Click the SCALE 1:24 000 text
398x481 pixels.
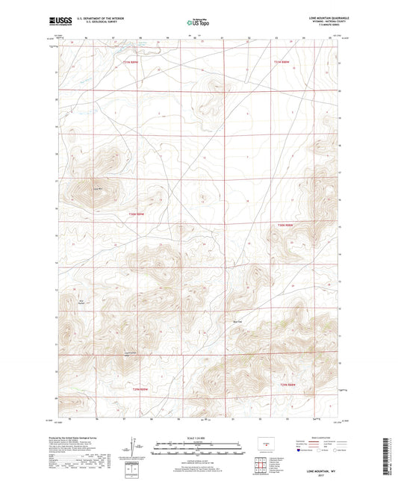click(197, 437)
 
